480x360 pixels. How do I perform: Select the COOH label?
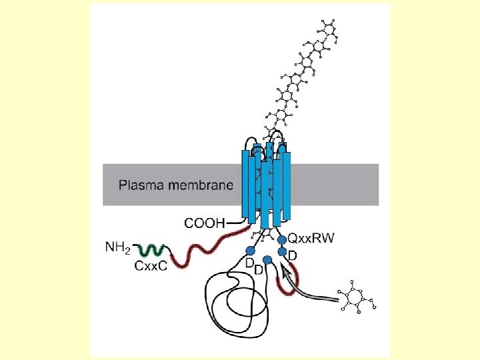[205, 221]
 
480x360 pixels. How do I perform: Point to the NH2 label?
[119, 248]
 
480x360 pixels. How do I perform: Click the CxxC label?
[151, 266]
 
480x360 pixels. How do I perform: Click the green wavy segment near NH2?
[153, 251]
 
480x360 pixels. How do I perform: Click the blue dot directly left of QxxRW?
[281, 238]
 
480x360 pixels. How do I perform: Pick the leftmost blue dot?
[251, 250]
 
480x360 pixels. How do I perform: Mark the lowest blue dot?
[267, 259]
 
